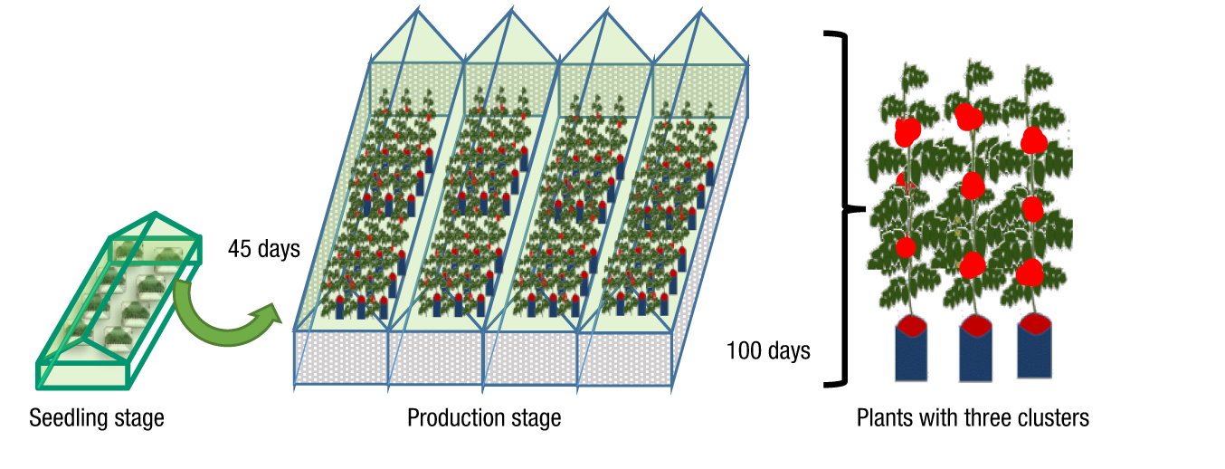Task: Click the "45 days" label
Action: pyautogui.click(x=264, y=249)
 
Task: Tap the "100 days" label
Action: pyautogui.click(x=768, y=349)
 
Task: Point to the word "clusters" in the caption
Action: pyautogui.click(x=1055, y=418)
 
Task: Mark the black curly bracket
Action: pyautogui.click(x=846, y=210)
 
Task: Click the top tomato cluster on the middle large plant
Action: pyautogui.click(x=969, y=117)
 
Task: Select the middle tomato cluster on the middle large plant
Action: pyautogui.click(x=972, y=186)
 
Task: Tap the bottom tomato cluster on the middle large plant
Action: pyautogui.click(x=972, y=264)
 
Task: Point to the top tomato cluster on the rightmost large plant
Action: pyautogui.click(x=1033, y=140)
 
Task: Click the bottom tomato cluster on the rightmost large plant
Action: pyautogui.click(x=1030, y=272)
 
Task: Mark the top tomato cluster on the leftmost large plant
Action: pyautogui.click(x=907, y=131)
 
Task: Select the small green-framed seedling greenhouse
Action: pyautogui.click(x=118, y=299)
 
